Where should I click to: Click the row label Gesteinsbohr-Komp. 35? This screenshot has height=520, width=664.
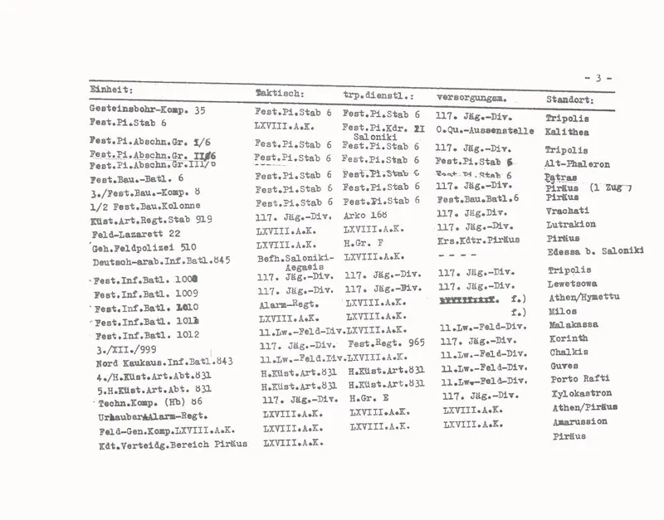(x=147, y=109)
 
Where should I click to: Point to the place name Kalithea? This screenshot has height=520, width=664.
(x=567, y=131)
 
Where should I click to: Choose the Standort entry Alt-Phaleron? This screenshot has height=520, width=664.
(x=577, y=164)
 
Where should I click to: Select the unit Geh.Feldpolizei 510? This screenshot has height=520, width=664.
(x=144, y=250)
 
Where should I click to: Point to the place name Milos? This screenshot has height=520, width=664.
(x=563, y=311)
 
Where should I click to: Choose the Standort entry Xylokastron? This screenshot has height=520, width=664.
(x=582, y=394)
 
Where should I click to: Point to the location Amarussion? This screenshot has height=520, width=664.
(x=579, y=421)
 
